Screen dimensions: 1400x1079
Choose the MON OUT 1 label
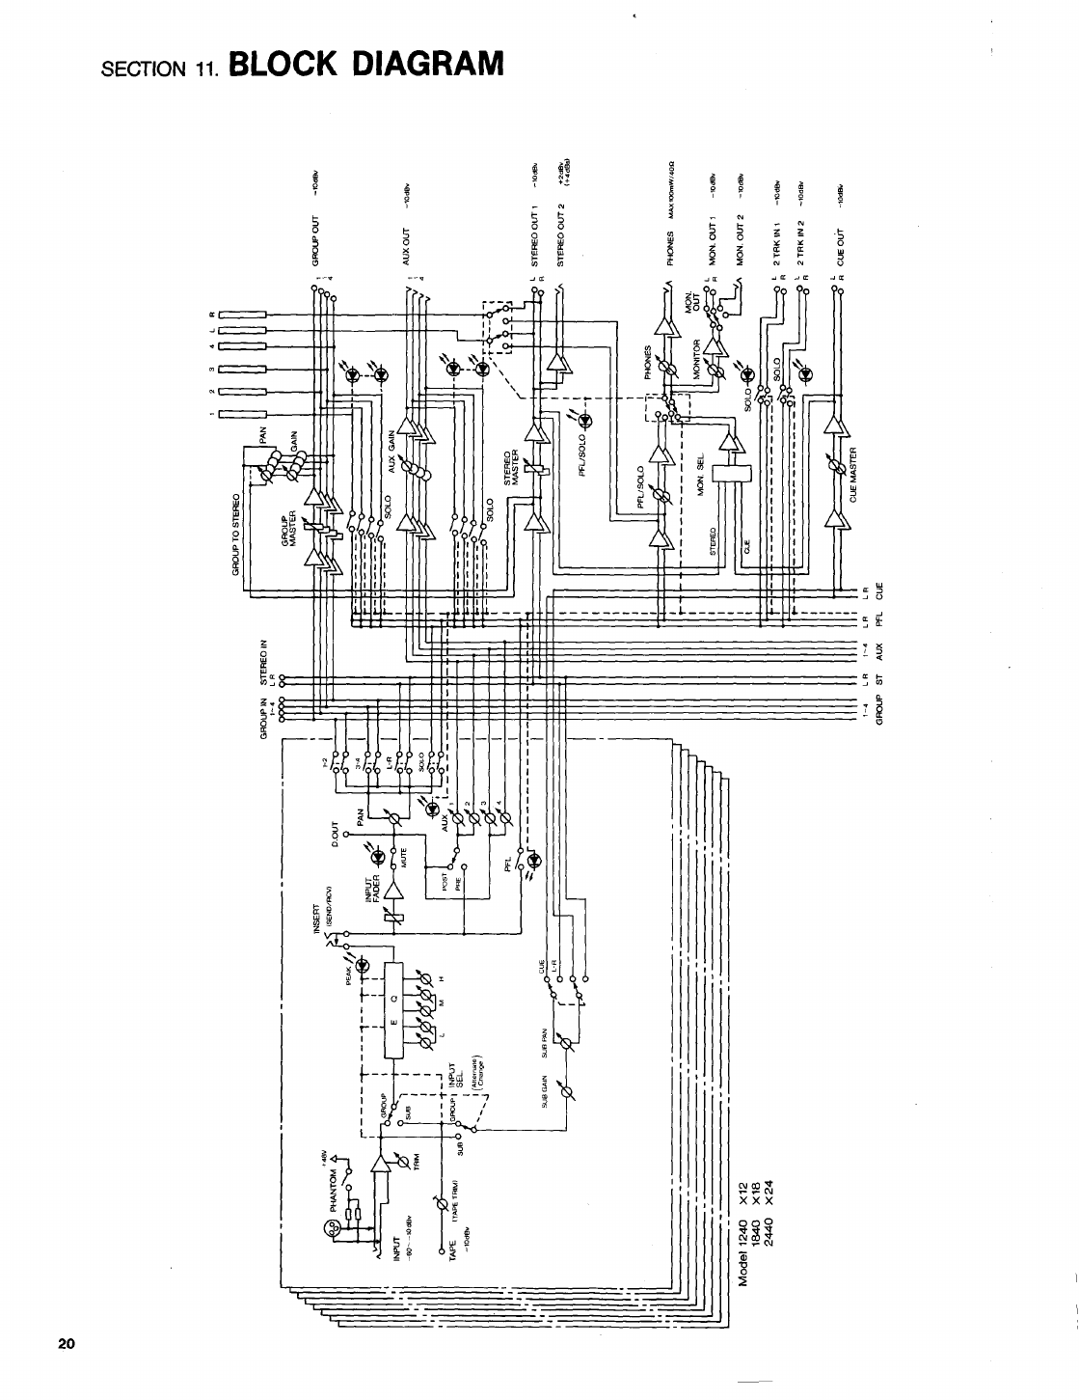click(713, 242)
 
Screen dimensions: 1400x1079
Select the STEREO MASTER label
click(514, 466)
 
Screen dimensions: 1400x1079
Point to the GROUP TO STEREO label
click(235, 535)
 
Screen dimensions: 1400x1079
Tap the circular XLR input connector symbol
click(331, 1229)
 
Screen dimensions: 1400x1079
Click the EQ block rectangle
click(391, 1010)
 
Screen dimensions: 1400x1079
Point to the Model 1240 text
click(743, 1245)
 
